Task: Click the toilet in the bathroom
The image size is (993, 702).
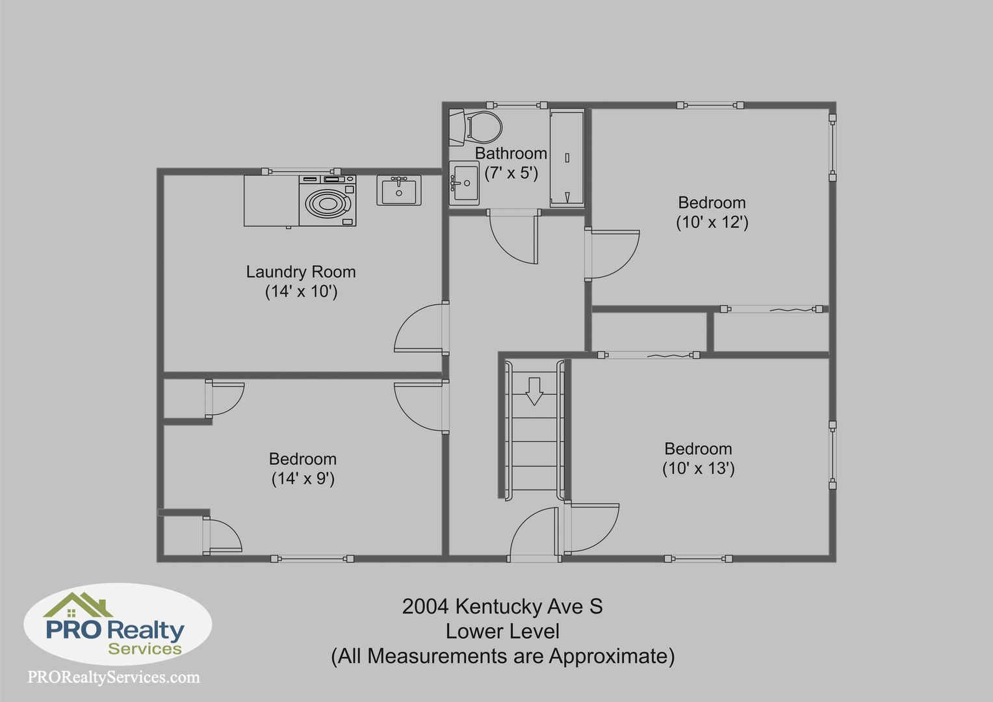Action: pos(475,127)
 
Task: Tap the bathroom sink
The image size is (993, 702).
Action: pos(464,183)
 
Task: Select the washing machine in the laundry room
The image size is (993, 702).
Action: pos(327,200)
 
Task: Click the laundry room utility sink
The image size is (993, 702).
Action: pos(399,190)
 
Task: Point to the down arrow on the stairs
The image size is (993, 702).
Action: pos(534,391)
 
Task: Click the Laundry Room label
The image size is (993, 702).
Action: pos(301,272)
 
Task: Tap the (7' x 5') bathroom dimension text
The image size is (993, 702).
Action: pos(511,173)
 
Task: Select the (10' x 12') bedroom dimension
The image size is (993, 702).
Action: pos(712,222)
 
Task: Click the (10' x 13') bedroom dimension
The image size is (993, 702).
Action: pos(698,468)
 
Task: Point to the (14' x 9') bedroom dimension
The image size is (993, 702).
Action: pos(303,478)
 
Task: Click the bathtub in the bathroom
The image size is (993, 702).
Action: pos(567,159)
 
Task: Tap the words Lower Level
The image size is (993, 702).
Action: pos(502,632)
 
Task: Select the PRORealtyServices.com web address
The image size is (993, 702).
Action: pos(114,677)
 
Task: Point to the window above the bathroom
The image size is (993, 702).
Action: pos(517,105)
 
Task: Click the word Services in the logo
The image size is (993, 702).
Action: pos(145,649)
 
